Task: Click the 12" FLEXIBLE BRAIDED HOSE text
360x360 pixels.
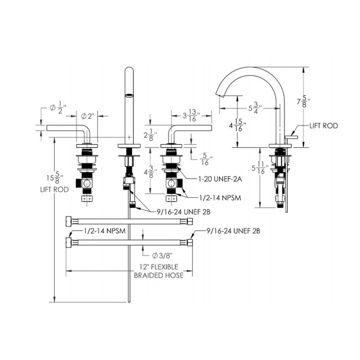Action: pyautogui.click(x=159, y=271)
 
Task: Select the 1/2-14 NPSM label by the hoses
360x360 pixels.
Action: pyautogui.click(x=104, y=231)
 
